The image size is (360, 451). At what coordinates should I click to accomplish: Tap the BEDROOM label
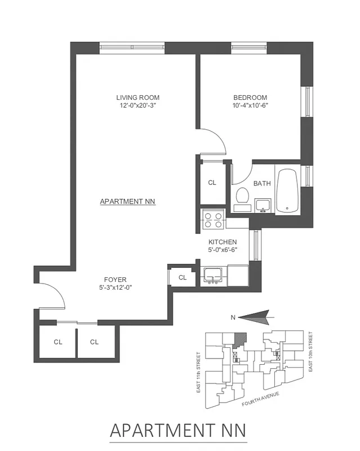click(250, 98)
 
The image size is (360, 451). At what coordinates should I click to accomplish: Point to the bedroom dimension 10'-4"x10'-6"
click(250, 105)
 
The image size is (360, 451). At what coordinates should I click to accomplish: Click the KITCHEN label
click(222, 242)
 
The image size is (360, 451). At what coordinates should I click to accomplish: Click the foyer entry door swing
click(52, 296)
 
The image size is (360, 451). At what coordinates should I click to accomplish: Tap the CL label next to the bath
click(212, 183)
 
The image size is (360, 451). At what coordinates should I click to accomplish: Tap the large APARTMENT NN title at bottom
click(178, 430)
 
